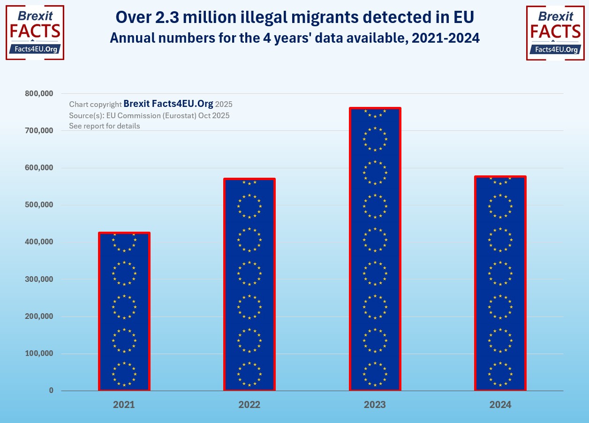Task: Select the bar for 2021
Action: pyautogui.click(x=124, y=311)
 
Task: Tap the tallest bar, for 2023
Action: pyautogui.click(x=375, y=249)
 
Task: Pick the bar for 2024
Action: pyautogui.click(x=500, y=283)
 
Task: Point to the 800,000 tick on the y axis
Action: pyautogui.click(x=39, y=93)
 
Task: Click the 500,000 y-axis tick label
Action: pyautogui.click(x=39, y=205)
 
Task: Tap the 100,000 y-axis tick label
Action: pyautogui.click(x=39, y=354)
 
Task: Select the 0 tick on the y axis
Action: pyautogui.click(x=51, y=391)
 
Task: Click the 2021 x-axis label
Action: pyautogui.click(x=124, y=405)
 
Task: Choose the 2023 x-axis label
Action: pyautogui.click(x=375, y=405)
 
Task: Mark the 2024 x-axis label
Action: pyautogui.click(x=500, y=405)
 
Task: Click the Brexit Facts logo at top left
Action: pyautogui.click(x=35, y=33)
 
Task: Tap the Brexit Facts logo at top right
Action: pyautogui.click(x=555, y=33)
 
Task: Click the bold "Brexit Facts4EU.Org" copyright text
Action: pyautogui.click(x=168, y=104)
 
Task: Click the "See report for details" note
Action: pyautogui.click(x=105, y=126)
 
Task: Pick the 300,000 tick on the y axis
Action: pyautogui.click(x=39, y=279)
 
